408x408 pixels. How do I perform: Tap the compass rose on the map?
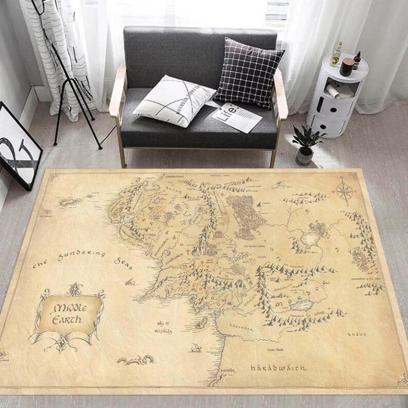343,191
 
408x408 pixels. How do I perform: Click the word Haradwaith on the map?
278,367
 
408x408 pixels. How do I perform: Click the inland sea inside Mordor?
302,305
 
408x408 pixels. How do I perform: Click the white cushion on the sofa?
172,100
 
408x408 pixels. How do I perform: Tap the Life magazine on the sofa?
236,116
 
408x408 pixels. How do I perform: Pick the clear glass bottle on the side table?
336,54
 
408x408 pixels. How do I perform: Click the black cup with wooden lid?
347,66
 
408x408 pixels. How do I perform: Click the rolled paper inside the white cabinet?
337,90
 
